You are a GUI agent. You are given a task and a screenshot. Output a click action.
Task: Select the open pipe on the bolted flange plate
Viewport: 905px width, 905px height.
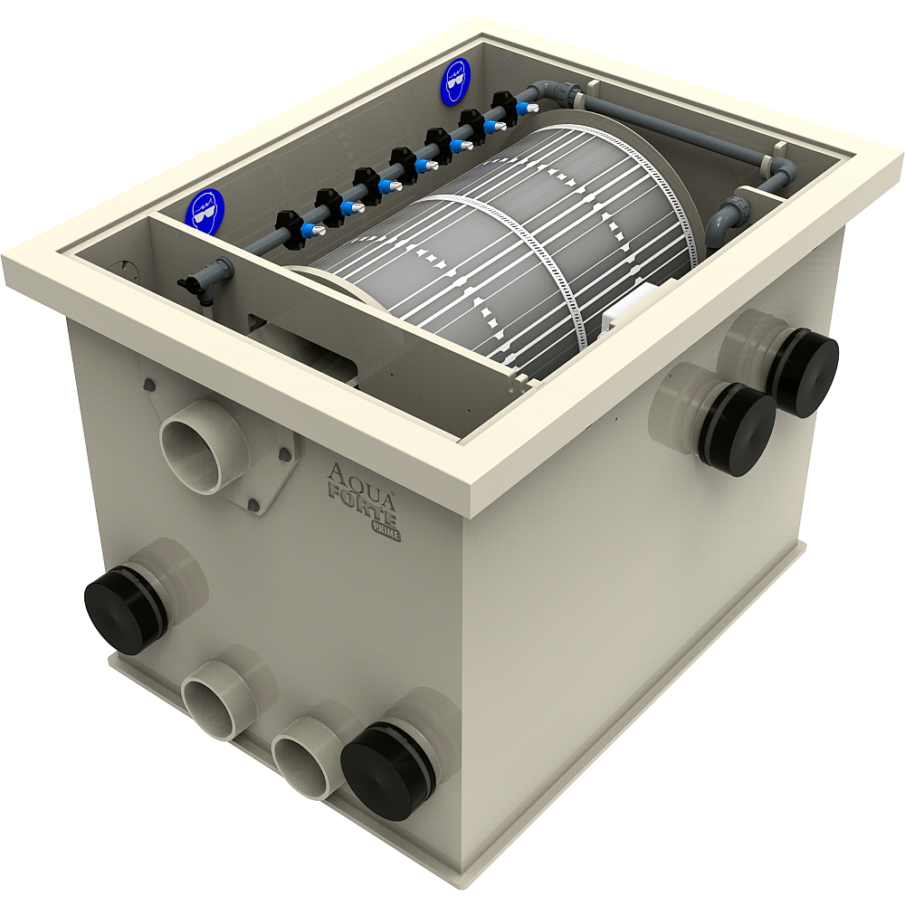[201, 444]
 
